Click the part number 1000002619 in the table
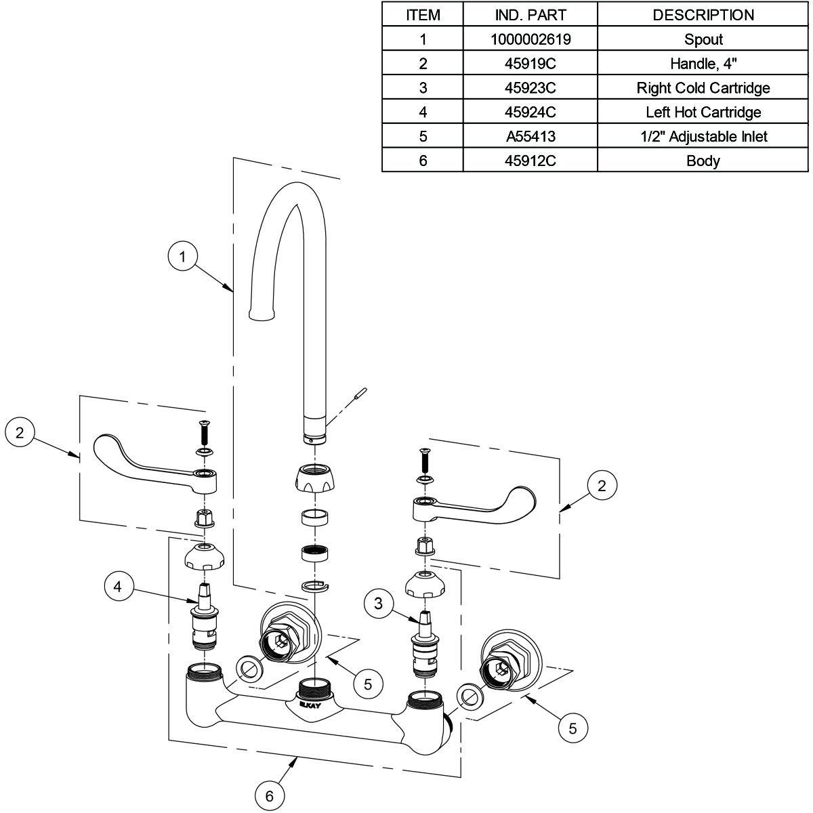coord(530,39)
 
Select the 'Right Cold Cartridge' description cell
coord(703,88)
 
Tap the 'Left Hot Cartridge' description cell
coord(703,112)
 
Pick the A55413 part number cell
coord(530,137)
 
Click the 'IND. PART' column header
coord(530,15)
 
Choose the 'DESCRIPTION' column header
coord(703,15)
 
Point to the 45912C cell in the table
coord(530,161)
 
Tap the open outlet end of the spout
coord(264,315)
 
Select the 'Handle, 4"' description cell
coord(703,64)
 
